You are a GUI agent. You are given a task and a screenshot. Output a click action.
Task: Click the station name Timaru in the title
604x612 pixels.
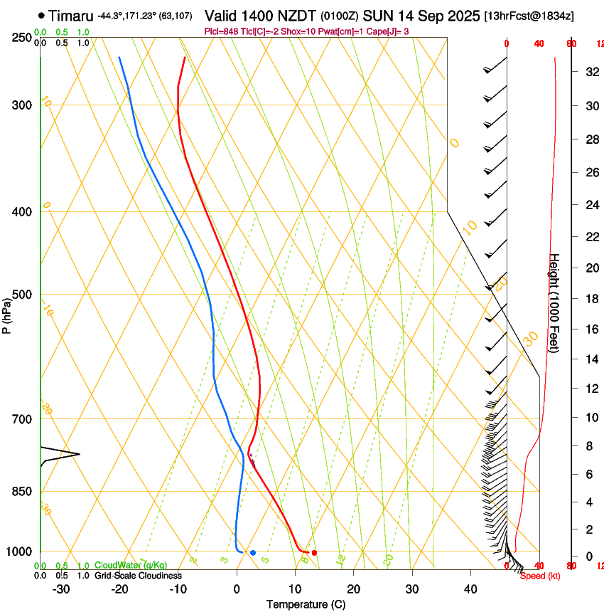[x=72, y=14]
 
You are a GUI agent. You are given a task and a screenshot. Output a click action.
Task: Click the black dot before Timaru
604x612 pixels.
[x=43, y=15]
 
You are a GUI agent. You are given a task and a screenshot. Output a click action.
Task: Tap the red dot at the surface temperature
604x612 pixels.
[x=314, y=552]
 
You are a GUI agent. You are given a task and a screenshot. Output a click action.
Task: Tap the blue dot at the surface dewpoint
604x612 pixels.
[x=252, y=552]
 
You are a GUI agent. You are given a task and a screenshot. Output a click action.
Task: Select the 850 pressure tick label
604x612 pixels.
[x=22, y=492]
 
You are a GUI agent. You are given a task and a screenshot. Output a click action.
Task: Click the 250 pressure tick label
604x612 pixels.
[x=22, y=38]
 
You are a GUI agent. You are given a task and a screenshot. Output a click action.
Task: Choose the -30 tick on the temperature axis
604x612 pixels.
[x=61, y=589]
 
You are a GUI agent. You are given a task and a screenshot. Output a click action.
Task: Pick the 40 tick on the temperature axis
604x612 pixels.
[x=470, y=589]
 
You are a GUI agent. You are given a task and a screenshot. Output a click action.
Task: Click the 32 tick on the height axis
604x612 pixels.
[x=590, y=72]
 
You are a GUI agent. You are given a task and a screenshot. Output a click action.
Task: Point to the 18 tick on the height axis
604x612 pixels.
[x=590, y=299]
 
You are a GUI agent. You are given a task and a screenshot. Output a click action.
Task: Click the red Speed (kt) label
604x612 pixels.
[x=539, y=576]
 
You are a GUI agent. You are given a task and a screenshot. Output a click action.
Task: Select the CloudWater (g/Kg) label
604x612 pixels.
[x=127, y=566]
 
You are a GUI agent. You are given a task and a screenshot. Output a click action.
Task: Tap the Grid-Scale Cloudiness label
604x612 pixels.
[x=138, y=576]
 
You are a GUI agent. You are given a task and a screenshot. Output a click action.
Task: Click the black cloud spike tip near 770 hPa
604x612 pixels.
[x=79, y=454]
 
